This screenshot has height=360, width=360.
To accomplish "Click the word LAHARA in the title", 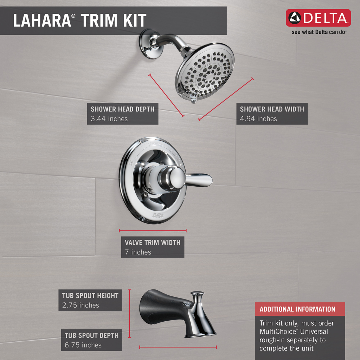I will coord(41,20).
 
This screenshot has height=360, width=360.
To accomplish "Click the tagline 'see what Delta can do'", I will coord(319,32).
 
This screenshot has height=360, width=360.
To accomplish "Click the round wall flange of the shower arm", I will coord(150,44).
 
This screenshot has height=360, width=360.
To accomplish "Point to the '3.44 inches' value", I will coord(109,119).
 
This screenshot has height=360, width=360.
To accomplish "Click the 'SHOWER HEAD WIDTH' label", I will coord(272,109).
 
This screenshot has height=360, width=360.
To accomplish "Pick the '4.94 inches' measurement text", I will coord(258,119).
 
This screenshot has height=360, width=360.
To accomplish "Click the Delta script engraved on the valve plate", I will coord(157,215).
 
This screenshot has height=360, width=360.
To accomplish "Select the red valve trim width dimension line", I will coord(153,231).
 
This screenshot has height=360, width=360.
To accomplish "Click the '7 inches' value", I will coord(138,252).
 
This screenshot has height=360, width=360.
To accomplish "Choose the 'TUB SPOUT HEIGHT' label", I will coord(90,296).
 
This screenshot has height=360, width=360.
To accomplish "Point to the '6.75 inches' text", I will coord(83,345).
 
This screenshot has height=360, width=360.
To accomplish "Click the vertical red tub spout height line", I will coord(129,314).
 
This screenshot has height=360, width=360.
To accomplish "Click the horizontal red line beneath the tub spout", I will coord(178,347).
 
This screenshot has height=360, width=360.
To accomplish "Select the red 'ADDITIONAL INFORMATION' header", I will coord(297,309).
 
